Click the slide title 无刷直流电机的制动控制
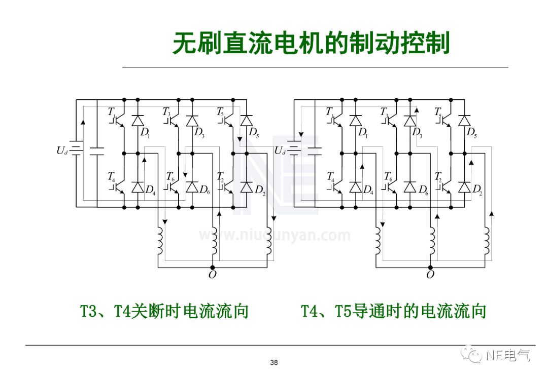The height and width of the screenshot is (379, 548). click(311, 44)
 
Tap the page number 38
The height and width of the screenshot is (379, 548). click(274, 362)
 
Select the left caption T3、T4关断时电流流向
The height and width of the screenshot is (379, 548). click(164, 311)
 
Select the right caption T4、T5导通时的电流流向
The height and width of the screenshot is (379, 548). click(394, 311)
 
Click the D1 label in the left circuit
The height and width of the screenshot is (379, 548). click(145, 133)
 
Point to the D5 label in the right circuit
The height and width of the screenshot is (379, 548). click(471, 133)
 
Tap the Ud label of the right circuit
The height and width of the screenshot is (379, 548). click(280, 150)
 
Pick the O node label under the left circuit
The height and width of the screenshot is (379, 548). click(212, 275)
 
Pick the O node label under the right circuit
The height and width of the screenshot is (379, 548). click(430, 275)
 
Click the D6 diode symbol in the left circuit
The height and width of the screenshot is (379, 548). click(192, 187)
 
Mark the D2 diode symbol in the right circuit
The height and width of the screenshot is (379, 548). click(464, 187)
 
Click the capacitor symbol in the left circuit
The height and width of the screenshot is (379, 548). click(96, 150)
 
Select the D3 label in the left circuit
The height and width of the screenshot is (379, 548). click(199, 133)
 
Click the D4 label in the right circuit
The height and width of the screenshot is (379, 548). click(368, 190)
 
